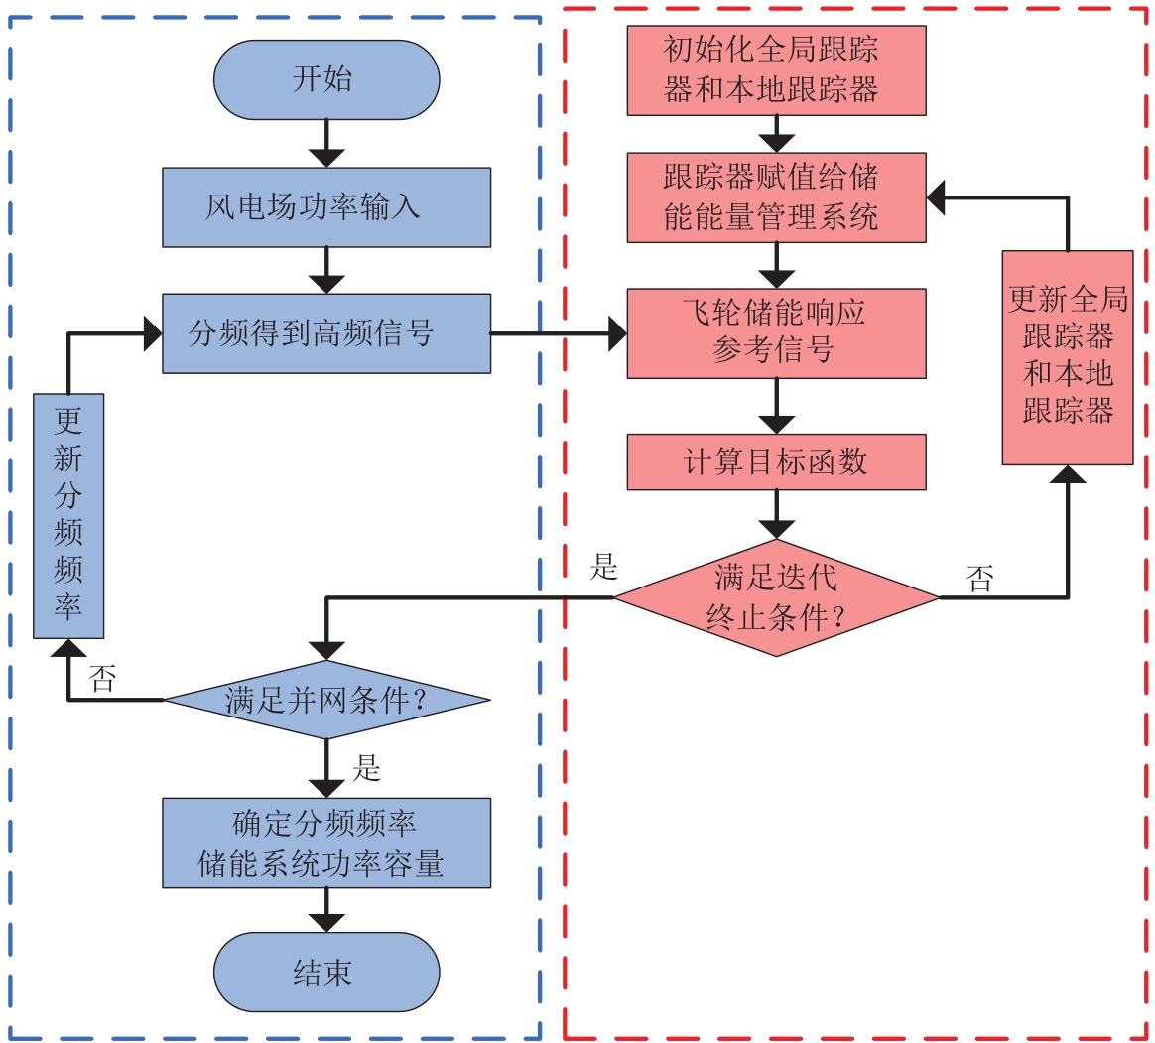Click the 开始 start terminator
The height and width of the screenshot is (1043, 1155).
[x=325, y=79]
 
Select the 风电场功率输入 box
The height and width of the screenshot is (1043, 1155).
[x=325, y=206]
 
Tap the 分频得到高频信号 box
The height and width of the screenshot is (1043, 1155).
[x=325, y=333]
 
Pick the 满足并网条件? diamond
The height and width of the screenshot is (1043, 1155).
[x=325, y=701]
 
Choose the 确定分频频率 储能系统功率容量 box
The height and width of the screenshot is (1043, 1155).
[x=325, y=843]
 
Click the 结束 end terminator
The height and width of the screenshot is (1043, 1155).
[x=325, y=973]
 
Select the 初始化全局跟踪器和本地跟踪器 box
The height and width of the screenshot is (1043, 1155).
[x=776, y=70]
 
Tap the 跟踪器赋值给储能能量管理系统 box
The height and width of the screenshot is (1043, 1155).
[x=776, y=197]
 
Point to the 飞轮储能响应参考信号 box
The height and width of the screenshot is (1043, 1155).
[x=776, y=333]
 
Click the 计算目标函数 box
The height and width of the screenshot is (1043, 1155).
[x=776, y=461]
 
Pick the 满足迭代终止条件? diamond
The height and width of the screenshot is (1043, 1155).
[x=776, y=597]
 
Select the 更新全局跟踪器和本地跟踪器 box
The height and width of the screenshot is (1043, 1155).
[x=1068, y=357]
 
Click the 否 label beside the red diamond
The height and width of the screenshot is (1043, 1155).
[x=980, y=579]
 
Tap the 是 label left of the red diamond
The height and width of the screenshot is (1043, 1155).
[x=603, y=568]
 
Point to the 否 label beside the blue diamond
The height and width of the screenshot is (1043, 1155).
[x=102, y=679]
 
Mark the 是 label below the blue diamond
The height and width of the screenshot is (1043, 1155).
[x=366, y=767]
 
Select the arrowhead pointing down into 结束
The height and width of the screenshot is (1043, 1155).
[x=325, y=922]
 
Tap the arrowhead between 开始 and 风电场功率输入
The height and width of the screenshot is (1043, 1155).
[x=325, y=157]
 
